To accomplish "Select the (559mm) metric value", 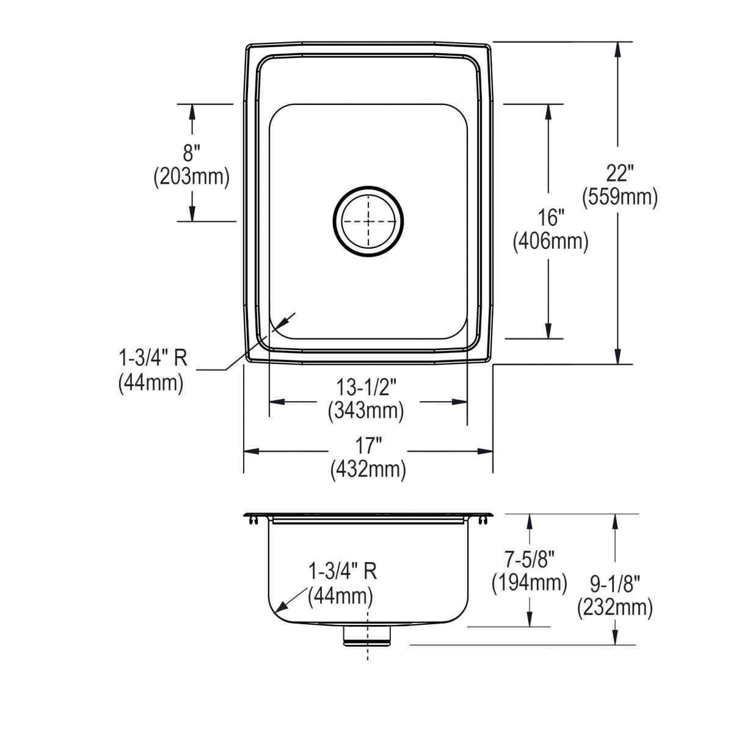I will click(619, 197).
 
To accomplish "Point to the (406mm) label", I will click(550, 242).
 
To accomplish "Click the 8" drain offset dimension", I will click(191, 153).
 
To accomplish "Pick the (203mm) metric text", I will click(191, 177).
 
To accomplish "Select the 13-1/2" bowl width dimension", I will click(366, 387).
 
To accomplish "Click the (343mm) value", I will click(366, 410).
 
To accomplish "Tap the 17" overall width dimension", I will click(368, 445).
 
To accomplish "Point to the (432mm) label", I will click(368, 469).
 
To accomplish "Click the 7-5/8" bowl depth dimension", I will click(530, 559).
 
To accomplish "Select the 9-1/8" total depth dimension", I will click(614, 585).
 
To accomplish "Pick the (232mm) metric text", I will click(614, 608).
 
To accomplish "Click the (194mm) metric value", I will click(530, 583).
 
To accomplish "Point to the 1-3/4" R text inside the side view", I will click(342, 571).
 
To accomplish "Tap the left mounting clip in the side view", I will click(252, 520).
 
